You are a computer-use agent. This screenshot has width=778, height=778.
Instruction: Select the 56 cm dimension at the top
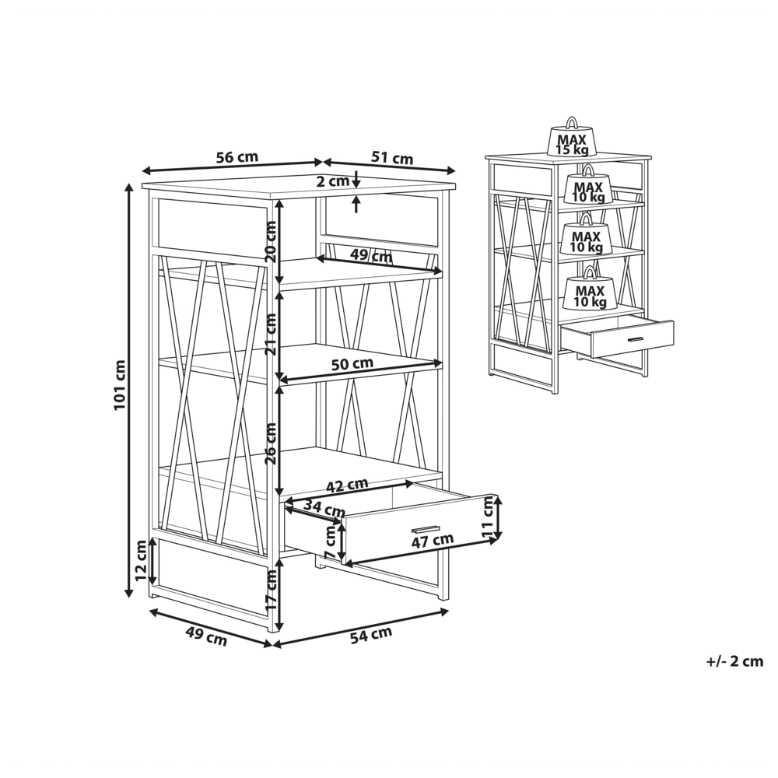pos(237,157)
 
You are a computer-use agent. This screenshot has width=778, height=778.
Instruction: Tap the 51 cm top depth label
pos(391,158)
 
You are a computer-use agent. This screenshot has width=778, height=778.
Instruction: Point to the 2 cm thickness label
pos(334,182)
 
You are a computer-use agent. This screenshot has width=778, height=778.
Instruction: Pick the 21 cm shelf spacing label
pos(271,333)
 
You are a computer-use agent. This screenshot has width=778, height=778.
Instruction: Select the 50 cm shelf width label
pos(352,363)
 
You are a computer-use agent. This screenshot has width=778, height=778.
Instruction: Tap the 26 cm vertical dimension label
pos(271,443)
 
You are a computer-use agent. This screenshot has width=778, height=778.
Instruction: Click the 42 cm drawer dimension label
pos(346,485)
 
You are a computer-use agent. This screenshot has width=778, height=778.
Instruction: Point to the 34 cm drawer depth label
pos(324,510)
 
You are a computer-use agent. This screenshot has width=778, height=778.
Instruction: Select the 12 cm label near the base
pos(141,562)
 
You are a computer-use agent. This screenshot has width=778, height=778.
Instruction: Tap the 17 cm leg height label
pos(271,590)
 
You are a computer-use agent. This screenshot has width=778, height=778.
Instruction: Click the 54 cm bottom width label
pos(370,635)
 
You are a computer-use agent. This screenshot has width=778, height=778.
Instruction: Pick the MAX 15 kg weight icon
pos(572,139)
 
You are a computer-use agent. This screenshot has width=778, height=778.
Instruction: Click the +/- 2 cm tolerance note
pos(734,662)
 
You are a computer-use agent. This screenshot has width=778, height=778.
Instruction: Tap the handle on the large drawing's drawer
pos(425,528)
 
